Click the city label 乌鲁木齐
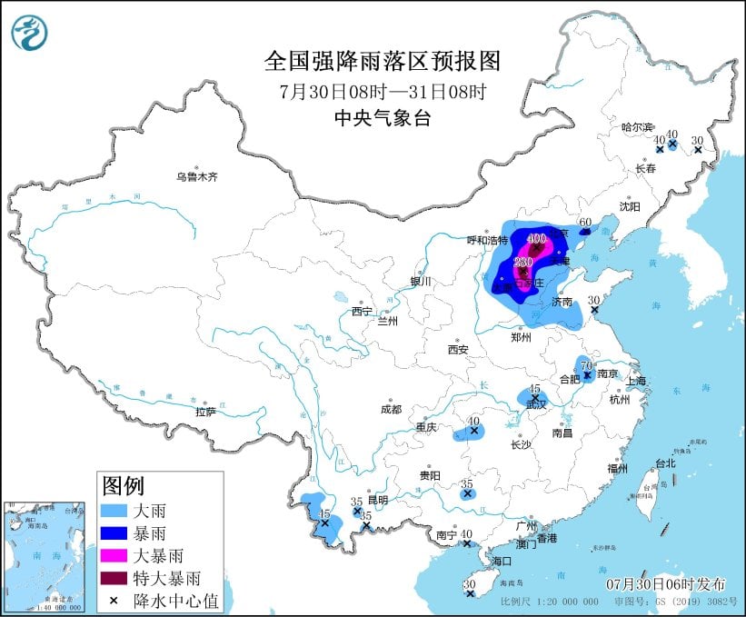197,176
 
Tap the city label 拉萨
204,412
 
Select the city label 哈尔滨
637,127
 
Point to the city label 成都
393,409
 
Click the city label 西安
457,349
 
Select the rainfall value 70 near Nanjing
586,364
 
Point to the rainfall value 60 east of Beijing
585,222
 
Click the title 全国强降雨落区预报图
382,61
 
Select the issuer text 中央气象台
382,117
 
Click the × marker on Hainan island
470,594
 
